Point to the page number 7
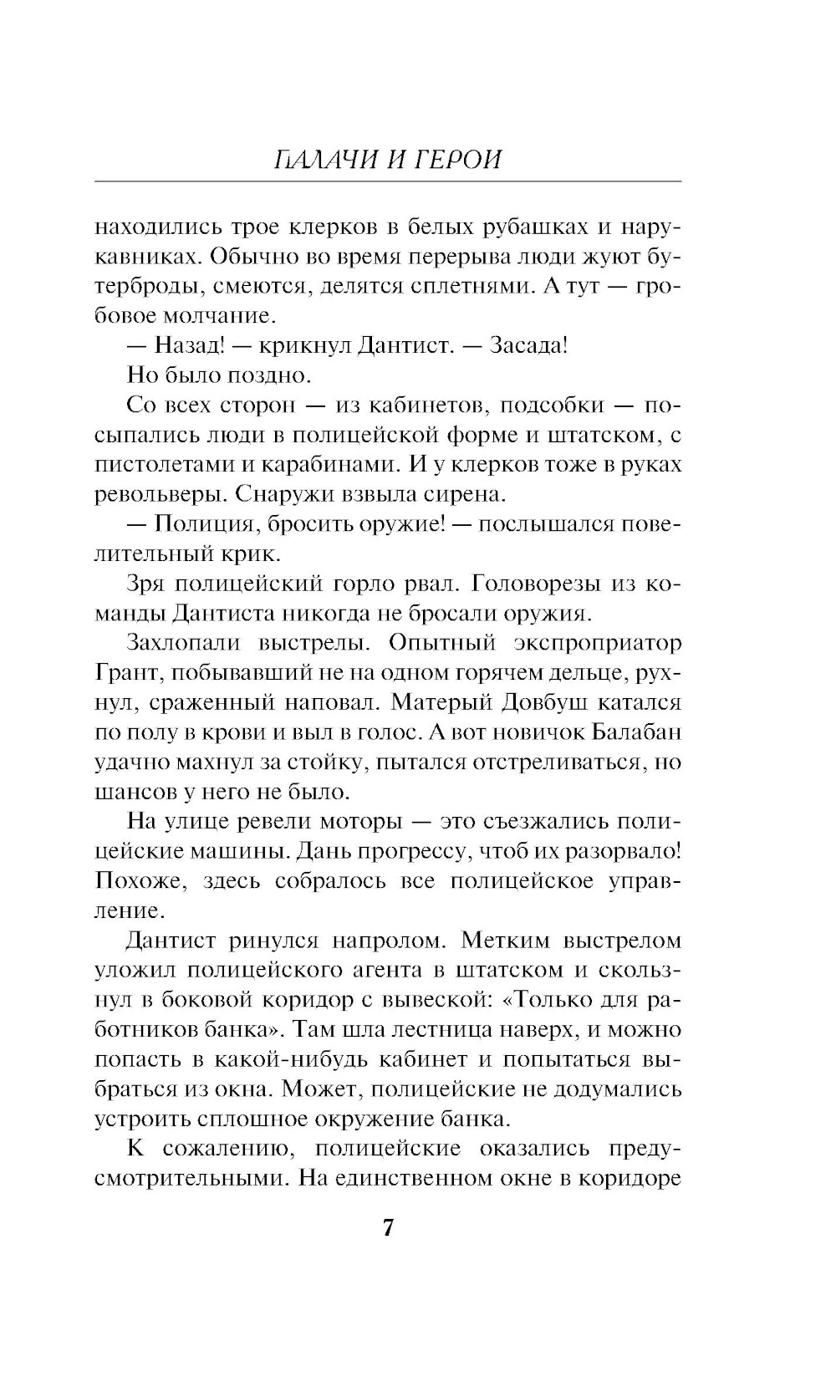pos(388,1228)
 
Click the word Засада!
pos(528,345)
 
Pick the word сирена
pos(463,493)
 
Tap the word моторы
pos(347,821)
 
